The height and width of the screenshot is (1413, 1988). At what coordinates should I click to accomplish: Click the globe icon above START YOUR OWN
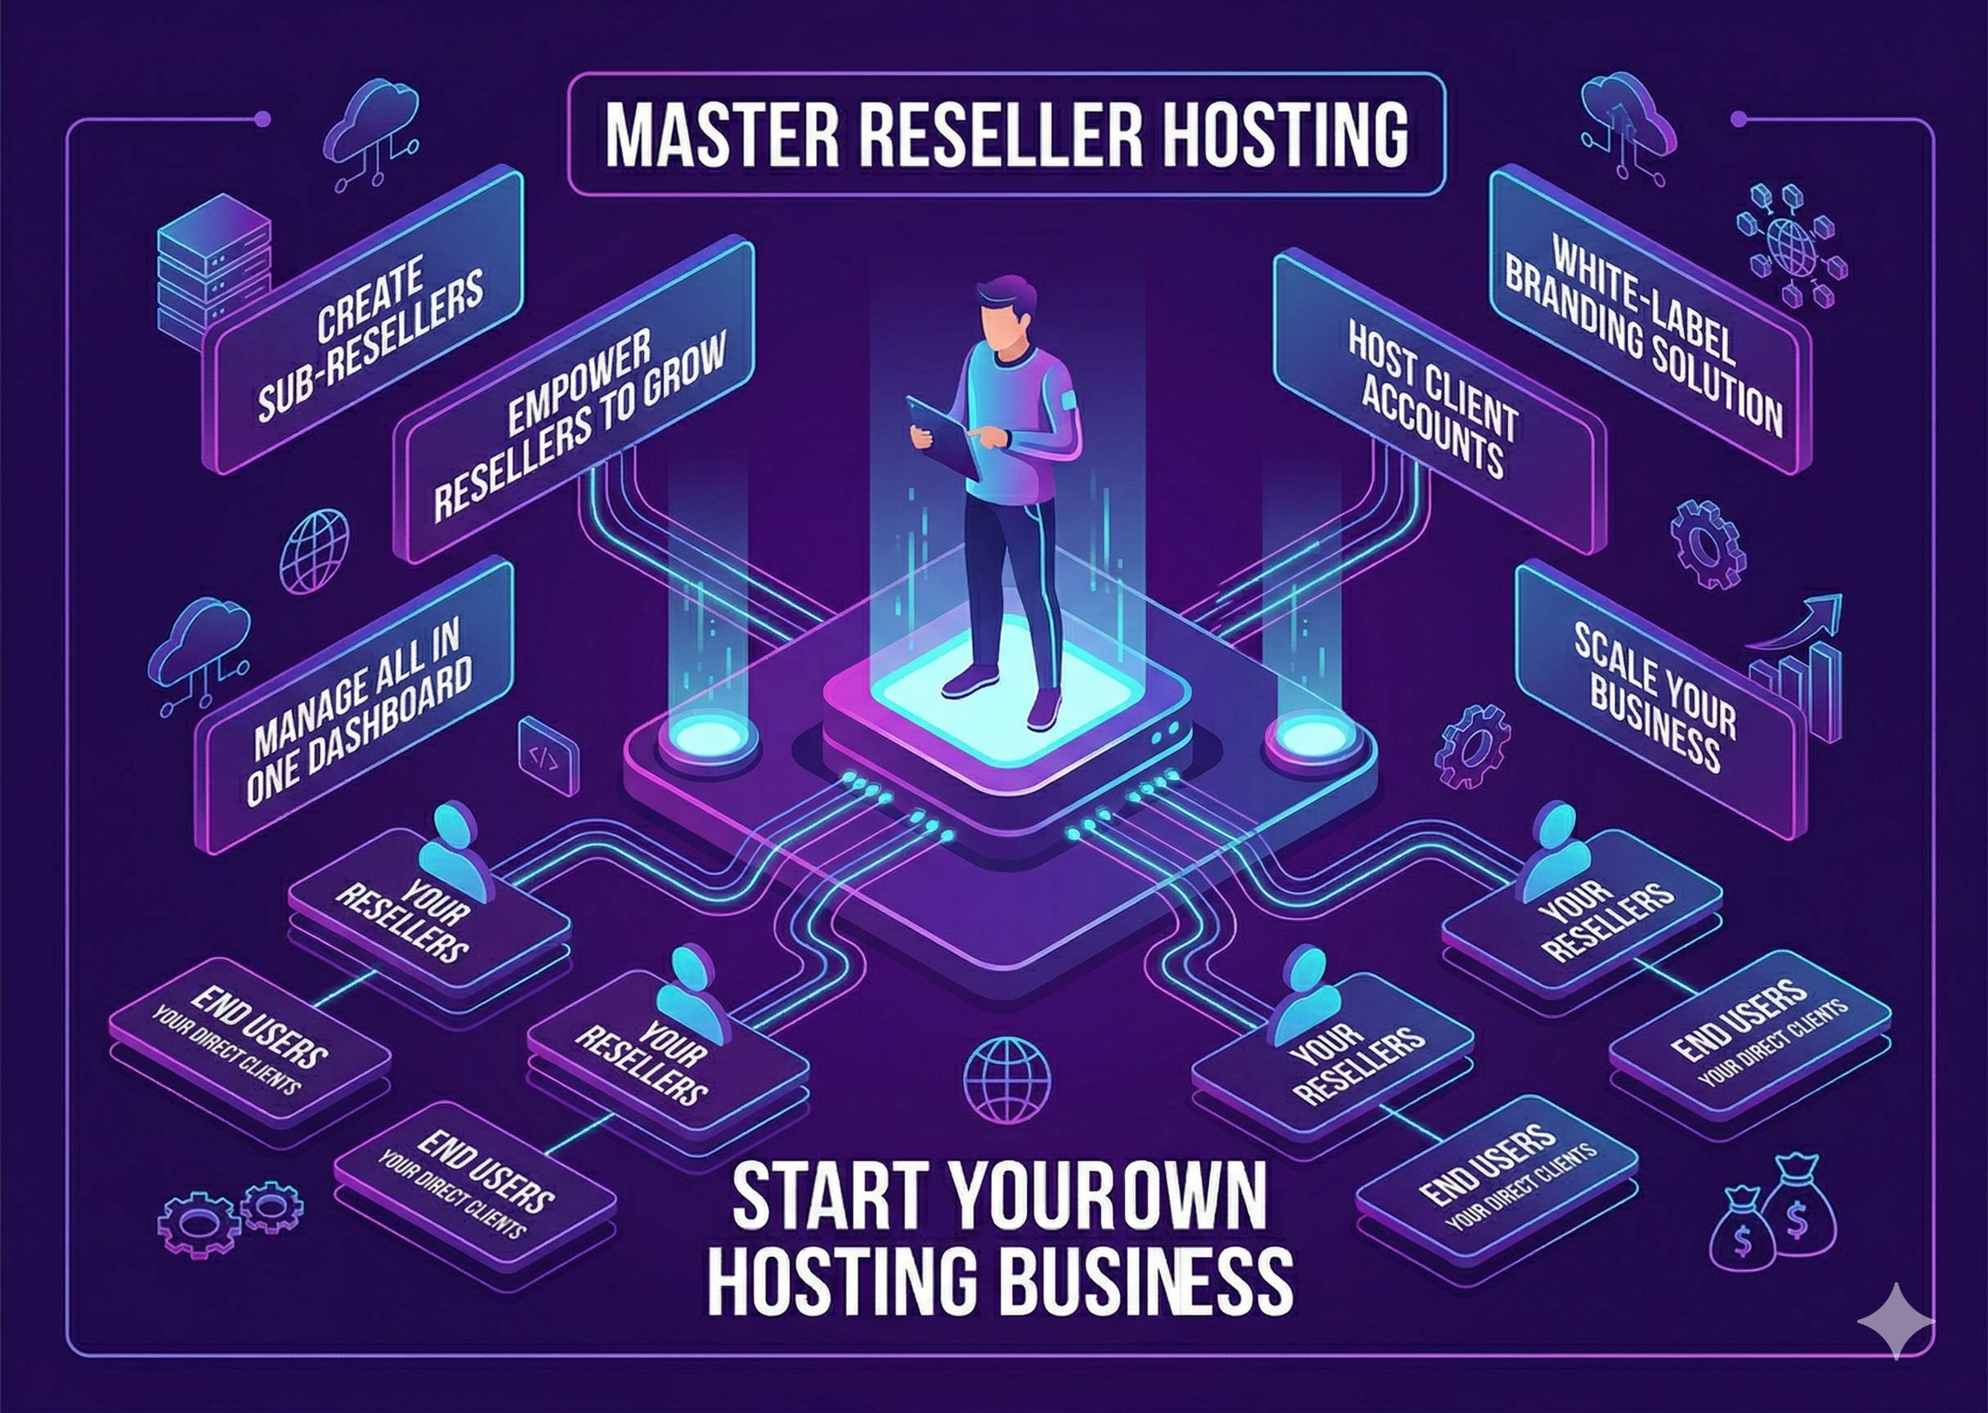click(x=1007, y=1079)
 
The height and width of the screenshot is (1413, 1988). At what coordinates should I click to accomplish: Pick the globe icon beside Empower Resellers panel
click(x=314, y=552)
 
